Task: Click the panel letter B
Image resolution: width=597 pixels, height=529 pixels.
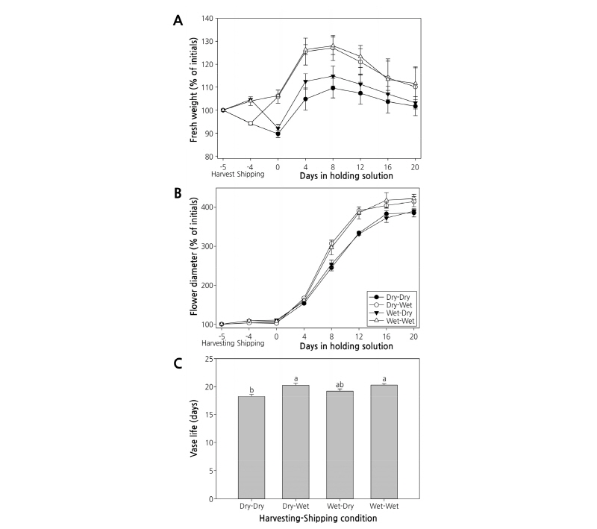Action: click(x=178, y=192)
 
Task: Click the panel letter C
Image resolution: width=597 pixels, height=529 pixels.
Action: click(x=178, y=363)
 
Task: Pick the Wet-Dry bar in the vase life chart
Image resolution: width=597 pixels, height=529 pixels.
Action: click(x=340, y=445)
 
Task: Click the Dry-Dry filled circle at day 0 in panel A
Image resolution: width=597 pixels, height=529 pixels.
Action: click(x=278, y=134)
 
